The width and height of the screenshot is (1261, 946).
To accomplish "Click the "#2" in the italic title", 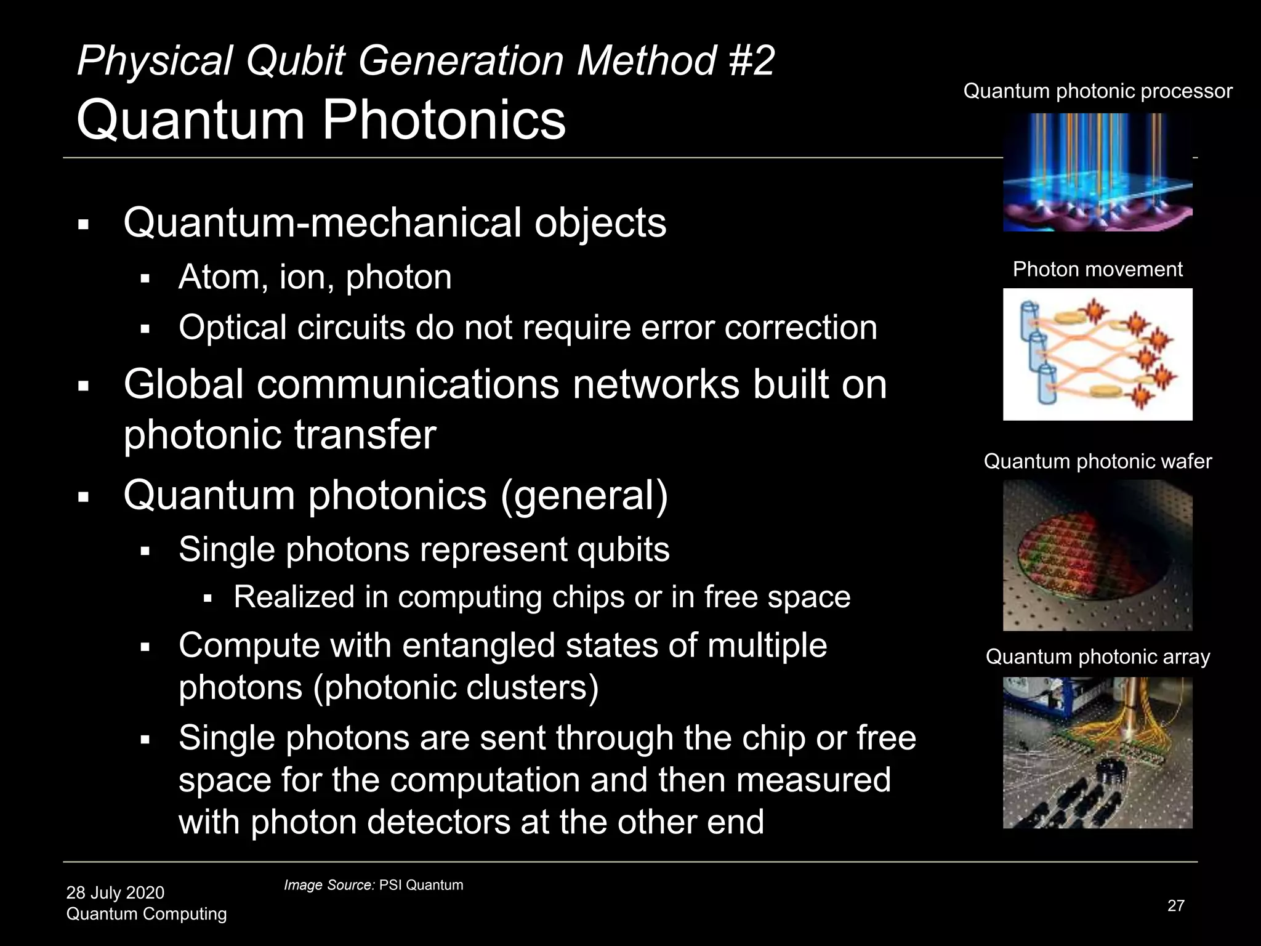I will (750, 61).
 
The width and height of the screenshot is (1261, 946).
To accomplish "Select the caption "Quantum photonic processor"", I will (1097, 91).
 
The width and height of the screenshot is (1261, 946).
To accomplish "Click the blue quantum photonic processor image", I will (1097, 172).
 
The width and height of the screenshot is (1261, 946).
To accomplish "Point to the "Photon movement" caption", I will (1097, 269).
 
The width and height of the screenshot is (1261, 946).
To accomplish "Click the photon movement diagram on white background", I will (1097, 354).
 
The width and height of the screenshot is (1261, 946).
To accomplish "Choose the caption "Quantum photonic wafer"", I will (1097, 461).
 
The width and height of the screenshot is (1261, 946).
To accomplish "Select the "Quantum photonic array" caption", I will (1097, 657).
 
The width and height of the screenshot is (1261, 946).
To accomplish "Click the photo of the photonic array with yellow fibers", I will (1097, 753).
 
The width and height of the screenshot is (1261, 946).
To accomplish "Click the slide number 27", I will (1175, 905).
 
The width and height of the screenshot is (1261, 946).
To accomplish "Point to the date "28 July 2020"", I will (115, 892).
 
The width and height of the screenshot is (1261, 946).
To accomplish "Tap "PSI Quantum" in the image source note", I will (421, 885).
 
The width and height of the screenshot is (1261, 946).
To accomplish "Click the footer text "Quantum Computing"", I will (147, 913).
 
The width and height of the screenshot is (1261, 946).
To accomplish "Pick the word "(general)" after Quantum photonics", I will (584, 495).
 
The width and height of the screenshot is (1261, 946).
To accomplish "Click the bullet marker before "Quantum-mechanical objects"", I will (84, 224).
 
